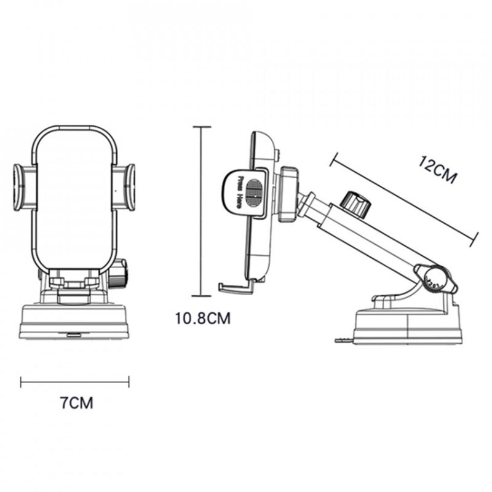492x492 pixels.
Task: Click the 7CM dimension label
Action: (x=76, y=403)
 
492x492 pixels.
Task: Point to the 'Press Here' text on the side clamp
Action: (x=239, y=191)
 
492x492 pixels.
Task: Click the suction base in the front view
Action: (x=74, y=323)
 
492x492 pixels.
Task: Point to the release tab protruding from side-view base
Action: (x=341, y=339)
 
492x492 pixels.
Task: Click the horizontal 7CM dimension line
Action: (x=74, y=382)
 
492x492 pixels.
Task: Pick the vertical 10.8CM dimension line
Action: (x=202, y=212)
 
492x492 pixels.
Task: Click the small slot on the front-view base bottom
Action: (x=74, y=335)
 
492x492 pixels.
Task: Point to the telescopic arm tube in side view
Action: (x=369, y=237)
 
